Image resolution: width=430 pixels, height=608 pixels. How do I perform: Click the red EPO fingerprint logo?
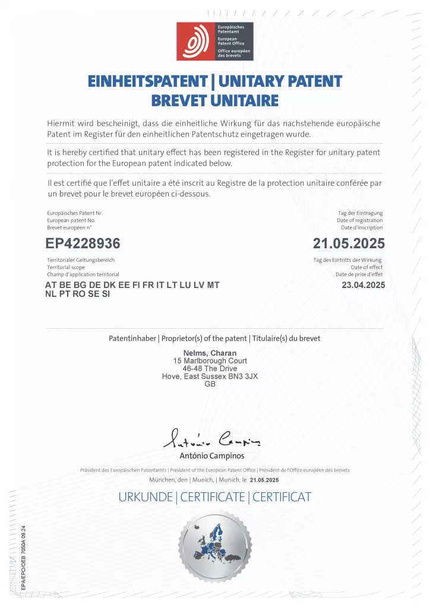click(x=196, y=42)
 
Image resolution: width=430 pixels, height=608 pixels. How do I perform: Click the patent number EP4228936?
click(x=83, y=243)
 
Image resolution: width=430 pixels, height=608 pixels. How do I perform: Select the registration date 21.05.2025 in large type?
click(x=349, y=243)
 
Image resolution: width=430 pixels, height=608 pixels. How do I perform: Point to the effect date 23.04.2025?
click(x=363, y=285)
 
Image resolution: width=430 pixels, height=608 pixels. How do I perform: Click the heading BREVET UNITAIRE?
click(x=215, y=100)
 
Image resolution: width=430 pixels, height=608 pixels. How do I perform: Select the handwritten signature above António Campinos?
click(x=211, y=439)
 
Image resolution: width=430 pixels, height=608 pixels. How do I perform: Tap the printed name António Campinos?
click(x=211, y=456)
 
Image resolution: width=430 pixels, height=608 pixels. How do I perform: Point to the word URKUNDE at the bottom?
click(x=145, y=497)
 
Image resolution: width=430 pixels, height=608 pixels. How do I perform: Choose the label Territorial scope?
click(x=67, y=267)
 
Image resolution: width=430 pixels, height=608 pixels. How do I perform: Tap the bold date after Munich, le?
click(x=264, y=479)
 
